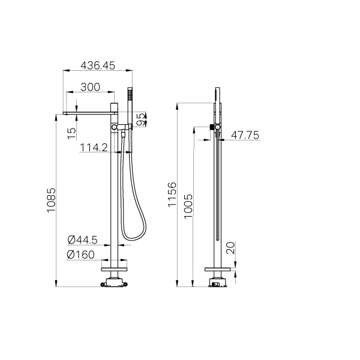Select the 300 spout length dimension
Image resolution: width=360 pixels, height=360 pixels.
pyautogui.click(x=89, y=87)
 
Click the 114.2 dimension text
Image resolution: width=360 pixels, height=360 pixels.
pyautogui.click(x=95, y=147)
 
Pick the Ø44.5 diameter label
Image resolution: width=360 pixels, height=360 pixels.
pyautogui.click(x=82, y=240)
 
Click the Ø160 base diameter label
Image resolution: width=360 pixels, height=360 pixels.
pyautogui.click(x=82, y=254)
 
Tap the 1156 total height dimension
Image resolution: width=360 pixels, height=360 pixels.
pyautogui.click(x=173, y=195)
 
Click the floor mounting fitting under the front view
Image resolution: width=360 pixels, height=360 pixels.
pyautogui.click(x=115, y=281)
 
